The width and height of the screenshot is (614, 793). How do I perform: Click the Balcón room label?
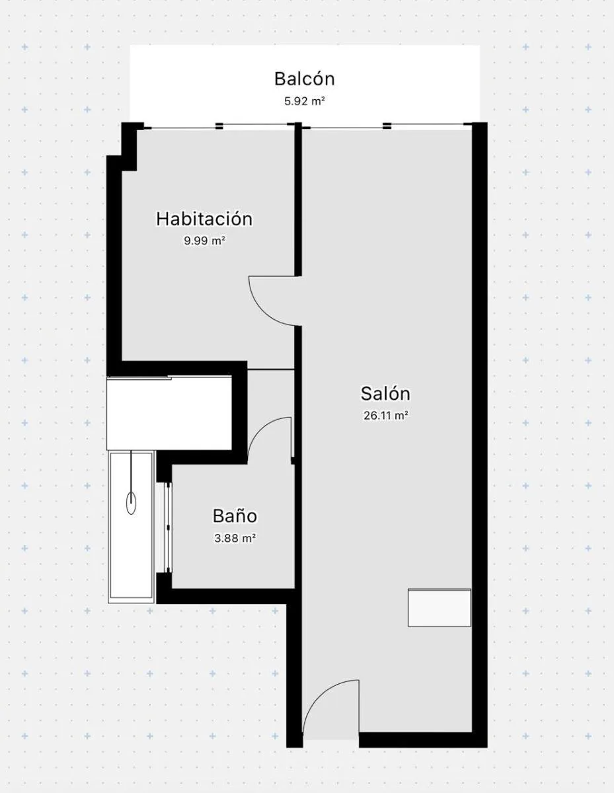click(x=304, y=79)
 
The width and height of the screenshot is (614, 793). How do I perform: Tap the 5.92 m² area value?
click(x=305, y=101)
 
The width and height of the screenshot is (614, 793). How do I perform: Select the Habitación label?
click(x=204, y=219)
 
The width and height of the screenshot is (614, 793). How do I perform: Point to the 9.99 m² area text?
click(x=204, y=241)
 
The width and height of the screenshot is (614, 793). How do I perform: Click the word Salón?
click(x=385, y=394)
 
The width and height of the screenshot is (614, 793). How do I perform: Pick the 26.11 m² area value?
click(x=385, y=416)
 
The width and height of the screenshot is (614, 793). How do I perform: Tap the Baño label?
click(x=235, y=516)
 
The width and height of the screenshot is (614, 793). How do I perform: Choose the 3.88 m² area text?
click(x=235, y=539)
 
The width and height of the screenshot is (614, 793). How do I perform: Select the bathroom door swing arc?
click(x=262, y=428)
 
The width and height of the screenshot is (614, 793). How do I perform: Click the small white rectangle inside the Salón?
click(x=440, y=607)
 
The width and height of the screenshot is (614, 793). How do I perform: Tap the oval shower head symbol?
click(x=131, y=504)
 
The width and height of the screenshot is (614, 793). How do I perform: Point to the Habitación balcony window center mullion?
click(x=219, y=126)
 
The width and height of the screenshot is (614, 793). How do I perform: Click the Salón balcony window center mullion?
click(x=387, y=126)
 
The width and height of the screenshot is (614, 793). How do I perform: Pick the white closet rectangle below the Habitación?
click(x=169, y=413)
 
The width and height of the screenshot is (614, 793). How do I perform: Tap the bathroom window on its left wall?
click(x=168, y=527)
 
